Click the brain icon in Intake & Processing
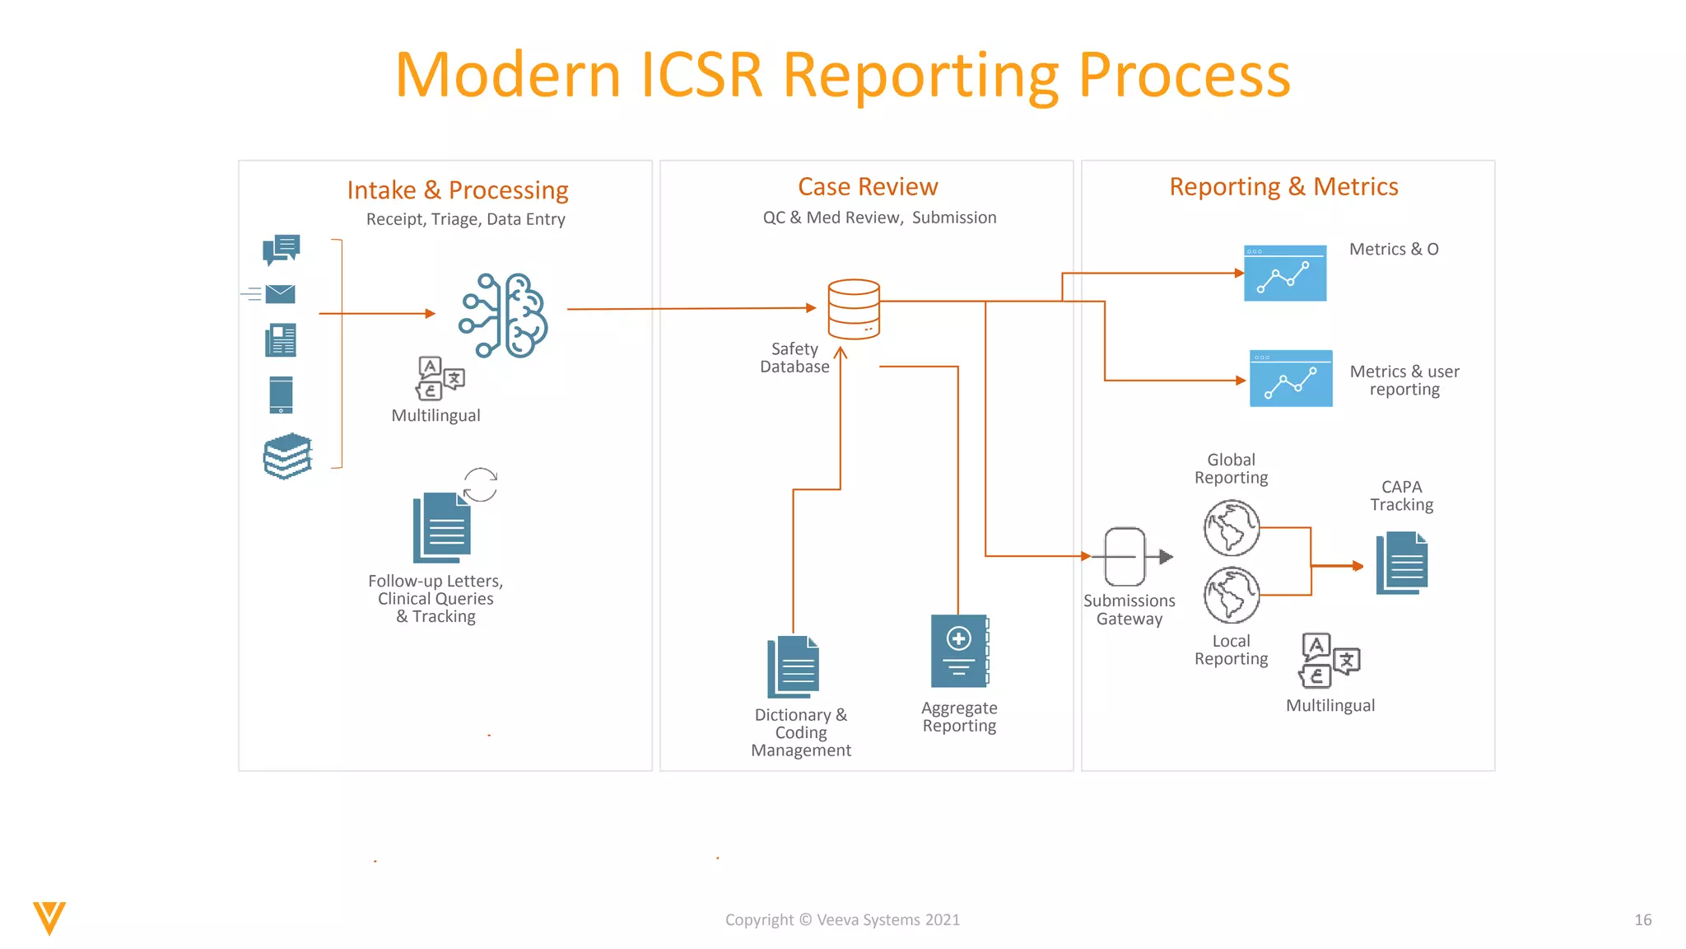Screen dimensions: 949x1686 [504, 315]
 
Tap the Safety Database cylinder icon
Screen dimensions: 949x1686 [854, 309]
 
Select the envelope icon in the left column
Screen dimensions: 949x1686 [280, 294]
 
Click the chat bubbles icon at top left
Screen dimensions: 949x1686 [281, 249]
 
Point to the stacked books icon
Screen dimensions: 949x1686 [287, 456]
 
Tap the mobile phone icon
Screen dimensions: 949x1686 [281, 395]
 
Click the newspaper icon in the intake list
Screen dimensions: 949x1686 [281, 340]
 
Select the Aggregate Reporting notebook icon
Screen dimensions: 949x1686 [959, 651]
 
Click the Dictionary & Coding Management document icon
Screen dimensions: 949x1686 [794, 667]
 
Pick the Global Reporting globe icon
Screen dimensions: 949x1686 [1232, 528]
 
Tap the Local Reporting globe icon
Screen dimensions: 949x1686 [1232, 595]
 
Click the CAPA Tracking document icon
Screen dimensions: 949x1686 [1402, 563]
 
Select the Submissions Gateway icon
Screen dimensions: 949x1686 [1125, 557]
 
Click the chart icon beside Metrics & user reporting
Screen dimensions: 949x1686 [1291, 379]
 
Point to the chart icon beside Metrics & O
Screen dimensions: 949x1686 [1285, 273]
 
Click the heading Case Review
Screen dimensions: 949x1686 [868, 187]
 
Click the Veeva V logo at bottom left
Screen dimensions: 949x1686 [49, 918]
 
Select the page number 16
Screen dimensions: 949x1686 [1642, 920]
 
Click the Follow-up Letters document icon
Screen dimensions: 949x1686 [442, 528]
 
